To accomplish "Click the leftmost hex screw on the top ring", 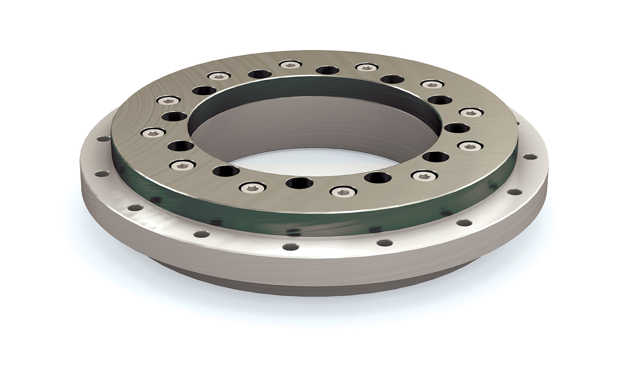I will click(x=150, y=133).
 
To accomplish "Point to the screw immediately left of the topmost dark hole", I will click(x=288, y=65).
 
